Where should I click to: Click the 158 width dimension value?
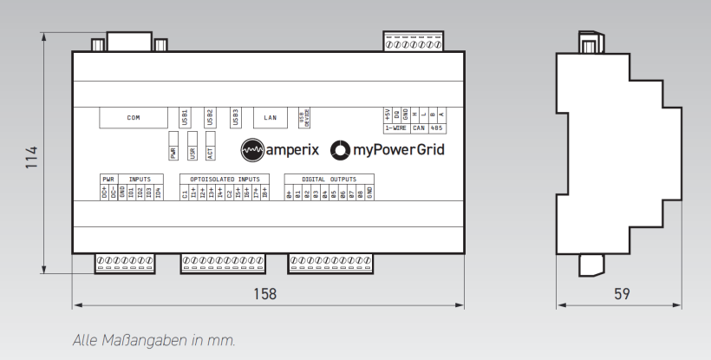[267, 294]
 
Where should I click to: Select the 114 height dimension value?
[32, 156]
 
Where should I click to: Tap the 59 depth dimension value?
[621, 294]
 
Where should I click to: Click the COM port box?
[134, 117]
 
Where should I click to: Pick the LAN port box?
[270, 117]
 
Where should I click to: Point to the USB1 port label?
[185, 116]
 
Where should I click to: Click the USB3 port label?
[235, 116]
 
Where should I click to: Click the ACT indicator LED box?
[210, 148]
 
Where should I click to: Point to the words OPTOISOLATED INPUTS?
[219, 180]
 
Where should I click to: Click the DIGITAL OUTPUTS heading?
[329, 180]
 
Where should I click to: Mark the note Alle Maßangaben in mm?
[153, 339]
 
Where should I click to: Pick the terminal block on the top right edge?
[413, 42]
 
